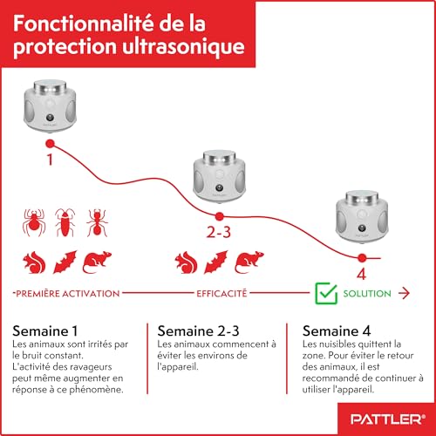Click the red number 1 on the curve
tap(49, 160)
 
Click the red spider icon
tap(31, 222)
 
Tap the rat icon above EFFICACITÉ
tap(249, 261)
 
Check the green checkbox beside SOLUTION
tap(325, 294)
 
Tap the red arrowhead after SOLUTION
tap(405, 295)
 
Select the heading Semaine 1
tap(45, 331)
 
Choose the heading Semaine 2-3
tap(197, 331)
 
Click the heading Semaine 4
tap(337, 331)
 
